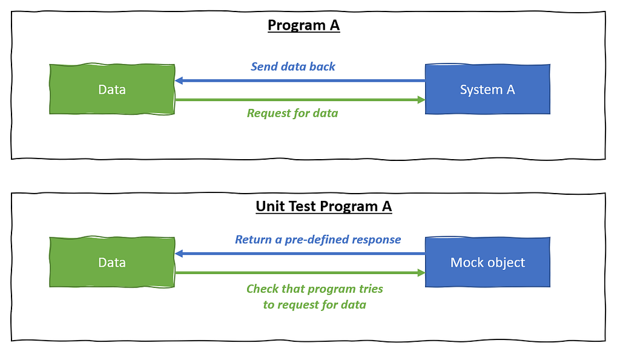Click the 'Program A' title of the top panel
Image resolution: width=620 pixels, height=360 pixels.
(304, 25)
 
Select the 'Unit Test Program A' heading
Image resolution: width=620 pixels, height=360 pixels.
(324, 206)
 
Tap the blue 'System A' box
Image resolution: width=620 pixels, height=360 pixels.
(487, 90)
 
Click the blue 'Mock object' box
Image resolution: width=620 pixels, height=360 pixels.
(487, 262)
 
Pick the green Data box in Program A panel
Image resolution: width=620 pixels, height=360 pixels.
(112, 90)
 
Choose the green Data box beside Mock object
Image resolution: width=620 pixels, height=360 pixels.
(112, 262)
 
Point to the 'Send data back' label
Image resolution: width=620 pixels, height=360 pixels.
(293, 67)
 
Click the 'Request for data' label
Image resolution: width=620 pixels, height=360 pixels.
(292, 113)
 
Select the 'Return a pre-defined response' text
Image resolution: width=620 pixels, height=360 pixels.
(318, 240)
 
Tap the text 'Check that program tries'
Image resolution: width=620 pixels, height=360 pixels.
(315, 289)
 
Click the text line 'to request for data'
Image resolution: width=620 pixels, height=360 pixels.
(315, 305)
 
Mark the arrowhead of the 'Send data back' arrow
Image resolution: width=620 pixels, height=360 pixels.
(179, 80)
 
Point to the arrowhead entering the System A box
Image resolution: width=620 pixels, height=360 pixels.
(421, 100)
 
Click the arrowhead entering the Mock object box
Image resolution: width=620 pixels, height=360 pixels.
(421, 272)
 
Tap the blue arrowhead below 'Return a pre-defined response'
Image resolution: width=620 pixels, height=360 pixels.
(179, 254)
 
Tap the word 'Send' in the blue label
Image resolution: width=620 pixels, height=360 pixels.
(264, 67)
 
